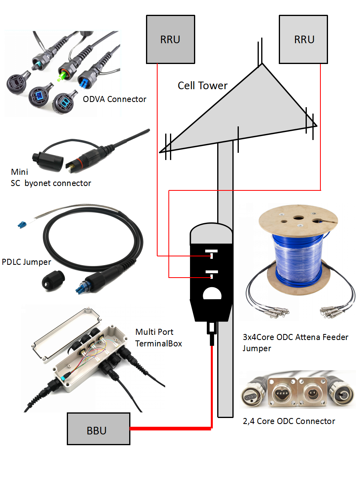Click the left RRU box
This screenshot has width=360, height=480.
click(x=170, y=39)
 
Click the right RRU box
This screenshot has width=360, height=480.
click(x=304, y=39)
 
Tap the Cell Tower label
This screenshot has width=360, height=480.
click(x=202, y=86)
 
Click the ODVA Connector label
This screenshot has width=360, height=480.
click(x=114, y=99)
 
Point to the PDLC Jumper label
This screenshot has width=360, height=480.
click(x=26, y=262)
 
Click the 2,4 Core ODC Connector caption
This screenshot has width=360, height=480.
click(x=288, y=421)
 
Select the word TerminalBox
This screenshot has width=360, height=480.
click(x=158, y=343)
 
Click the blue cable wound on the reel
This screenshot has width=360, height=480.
click(x=298, y=256)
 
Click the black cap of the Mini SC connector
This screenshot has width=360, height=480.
click(x=47, y=162)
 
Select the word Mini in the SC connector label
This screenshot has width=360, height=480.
click(x=19, y=172)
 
